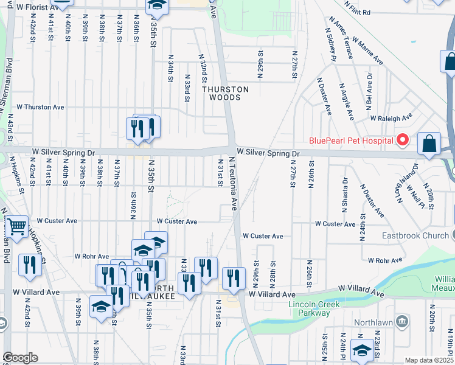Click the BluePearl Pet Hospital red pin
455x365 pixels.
click(402, 141)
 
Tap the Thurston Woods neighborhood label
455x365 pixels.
click(226, 93)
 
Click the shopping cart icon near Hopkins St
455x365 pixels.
click(16, 227)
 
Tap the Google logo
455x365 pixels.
click(20, 358)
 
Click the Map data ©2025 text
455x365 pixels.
click(429, 360)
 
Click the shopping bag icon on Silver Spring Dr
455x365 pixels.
click(429, 144)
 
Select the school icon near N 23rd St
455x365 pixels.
click(362, 350)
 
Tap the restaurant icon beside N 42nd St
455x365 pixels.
click(29, 264)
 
